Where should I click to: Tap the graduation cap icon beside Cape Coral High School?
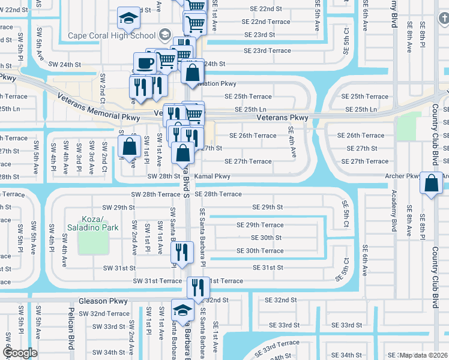click(128, 19)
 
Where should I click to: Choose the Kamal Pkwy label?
click(213, 176)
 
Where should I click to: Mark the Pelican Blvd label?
click(71, 339)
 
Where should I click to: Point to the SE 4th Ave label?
click(292, 142)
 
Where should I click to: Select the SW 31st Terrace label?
click(157, 281)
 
